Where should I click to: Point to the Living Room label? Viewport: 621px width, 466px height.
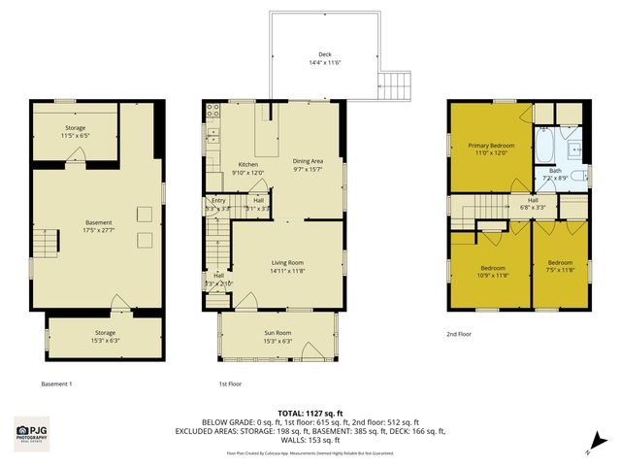[287, 265]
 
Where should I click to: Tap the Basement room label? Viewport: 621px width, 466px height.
[98, 226]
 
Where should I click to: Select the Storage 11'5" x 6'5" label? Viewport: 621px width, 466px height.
[76, 132]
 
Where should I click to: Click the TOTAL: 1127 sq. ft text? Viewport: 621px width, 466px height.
[310, 412]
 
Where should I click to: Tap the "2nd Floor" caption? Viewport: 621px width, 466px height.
[459, 335]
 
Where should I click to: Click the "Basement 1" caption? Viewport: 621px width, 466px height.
[56, 383]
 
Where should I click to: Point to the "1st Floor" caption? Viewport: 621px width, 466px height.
[229, 383]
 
